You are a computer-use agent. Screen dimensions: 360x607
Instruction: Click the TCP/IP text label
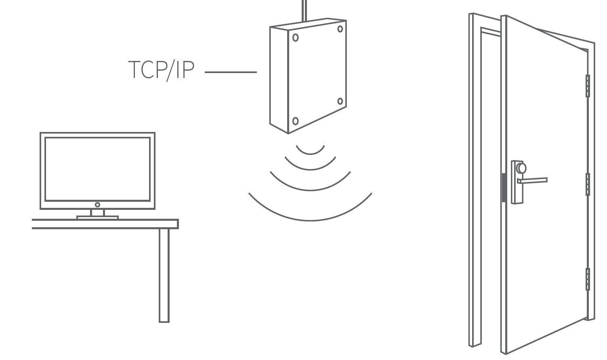tap(161, 70)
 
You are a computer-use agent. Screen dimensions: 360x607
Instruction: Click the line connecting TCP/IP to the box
tap(231, 72)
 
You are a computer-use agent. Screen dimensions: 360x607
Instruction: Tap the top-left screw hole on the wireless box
tap(296, 38)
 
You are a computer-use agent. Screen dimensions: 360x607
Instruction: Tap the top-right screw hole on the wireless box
tap(340, 29)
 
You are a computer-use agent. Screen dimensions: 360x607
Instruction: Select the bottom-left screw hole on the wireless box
tap(295, 121)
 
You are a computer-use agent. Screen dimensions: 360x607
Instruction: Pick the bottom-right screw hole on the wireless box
tap(340, 101)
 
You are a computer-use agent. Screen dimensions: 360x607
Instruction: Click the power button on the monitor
tap(97, 205)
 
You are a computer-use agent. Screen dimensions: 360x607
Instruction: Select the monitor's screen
tap(97, 169)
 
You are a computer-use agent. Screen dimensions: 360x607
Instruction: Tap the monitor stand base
tap(97, 218)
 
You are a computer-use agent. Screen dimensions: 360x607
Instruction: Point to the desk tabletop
tap(105, 224)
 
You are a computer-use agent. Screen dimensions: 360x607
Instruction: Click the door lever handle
tap(533, 180)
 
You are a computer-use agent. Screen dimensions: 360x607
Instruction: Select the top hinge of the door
tap(588, 86)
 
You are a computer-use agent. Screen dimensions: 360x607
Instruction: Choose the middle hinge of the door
tap(588, 184)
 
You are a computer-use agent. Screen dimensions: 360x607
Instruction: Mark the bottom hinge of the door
tap(588, 279)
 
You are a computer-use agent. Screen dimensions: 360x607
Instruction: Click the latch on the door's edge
tap(504, 188)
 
